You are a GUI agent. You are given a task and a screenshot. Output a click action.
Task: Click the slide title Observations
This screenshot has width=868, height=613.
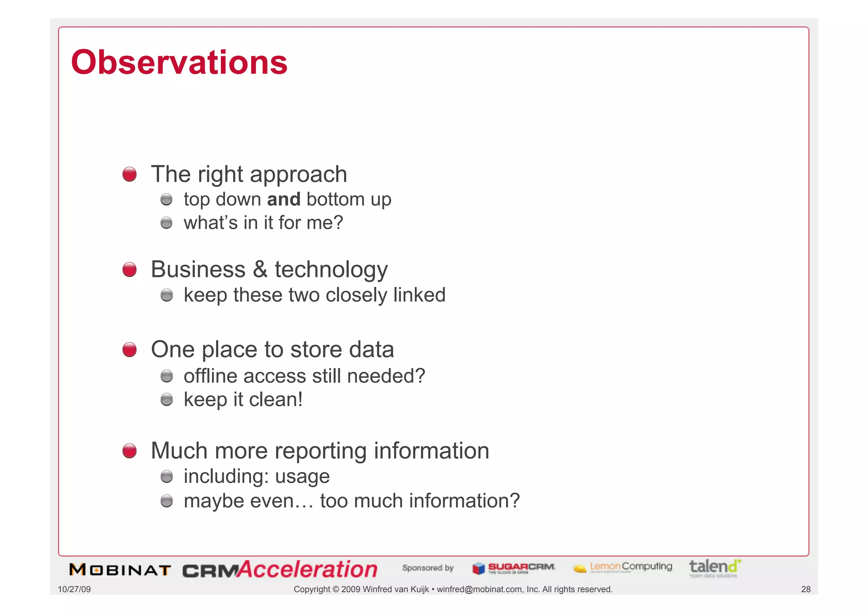coord(179,62)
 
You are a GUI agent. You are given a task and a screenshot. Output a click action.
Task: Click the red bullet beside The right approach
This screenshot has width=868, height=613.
coord(130,174)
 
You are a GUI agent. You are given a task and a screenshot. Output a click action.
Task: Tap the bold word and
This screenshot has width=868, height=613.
coord(284,199)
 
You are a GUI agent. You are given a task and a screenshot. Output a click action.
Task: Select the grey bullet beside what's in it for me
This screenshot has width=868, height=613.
coord(167,223)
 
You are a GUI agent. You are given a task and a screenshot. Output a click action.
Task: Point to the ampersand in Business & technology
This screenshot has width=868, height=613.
coord(260,269)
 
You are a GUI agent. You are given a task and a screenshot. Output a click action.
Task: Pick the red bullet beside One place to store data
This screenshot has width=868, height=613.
coord(130,350)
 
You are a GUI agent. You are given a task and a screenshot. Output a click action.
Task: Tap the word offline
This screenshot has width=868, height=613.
coord(210,376)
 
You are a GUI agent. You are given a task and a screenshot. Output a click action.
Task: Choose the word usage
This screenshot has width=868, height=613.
coord(302,476)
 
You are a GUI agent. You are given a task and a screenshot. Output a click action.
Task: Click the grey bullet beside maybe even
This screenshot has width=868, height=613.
coord(167,501)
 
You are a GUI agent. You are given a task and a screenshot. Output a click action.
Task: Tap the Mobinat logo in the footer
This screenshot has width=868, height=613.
coord(120,570)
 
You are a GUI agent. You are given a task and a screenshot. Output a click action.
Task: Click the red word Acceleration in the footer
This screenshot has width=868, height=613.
coord(307,569)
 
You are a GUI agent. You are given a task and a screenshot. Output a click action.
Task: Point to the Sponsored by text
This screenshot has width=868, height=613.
coord(428,568)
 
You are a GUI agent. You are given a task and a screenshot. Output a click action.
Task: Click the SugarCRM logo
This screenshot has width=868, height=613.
coord(514,568)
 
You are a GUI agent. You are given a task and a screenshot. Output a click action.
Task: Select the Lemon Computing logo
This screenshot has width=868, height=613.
coord(622,567)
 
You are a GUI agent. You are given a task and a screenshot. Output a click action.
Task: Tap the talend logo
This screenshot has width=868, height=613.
coord(715,568)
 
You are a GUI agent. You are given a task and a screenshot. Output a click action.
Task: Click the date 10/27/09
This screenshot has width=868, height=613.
coord(74,589)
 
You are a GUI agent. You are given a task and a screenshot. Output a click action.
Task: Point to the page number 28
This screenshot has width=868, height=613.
coord(806,589)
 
